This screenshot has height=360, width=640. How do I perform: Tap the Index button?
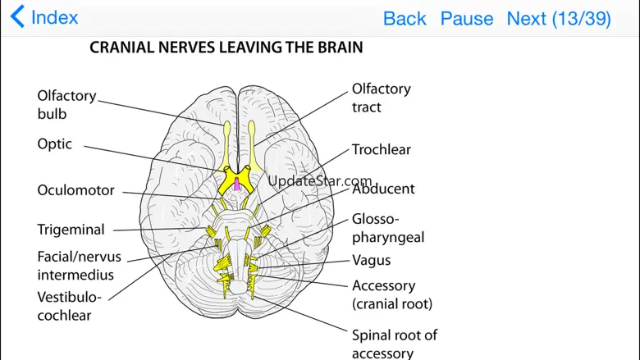[x=45, y=17]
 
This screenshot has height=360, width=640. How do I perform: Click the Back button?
[x=405, y=18]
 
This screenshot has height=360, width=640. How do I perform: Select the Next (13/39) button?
[x=559, y=18]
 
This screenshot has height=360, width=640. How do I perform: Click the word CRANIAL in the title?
[x=123, y=48]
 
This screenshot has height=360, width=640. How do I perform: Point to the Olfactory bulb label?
[x=66, y=105]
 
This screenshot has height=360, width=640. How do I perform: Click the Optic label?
[x=55, y=144]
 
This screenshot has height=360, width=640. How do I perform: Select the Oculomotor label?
[x=75, y=190]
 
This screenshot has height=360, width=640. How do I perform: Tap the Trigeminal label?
[x=71, y=230]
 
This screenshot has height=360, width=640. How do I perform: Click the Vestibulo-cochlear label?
[x=69, y=306]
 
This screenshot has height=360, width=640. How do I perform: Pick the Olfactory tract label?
[x=381, y=98]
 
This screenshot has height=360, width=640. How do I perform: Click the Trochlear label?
[x=382, y=150]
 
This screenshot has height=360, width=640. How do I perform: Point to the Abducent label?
[x=383, y=189]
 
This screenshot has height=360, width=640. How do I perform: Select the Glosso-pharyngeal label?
[x=388, y=228]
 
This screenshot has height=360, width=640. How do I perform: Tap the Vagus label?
[x=371, y=261]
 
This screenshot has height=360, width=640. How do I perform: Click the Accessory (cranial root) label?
[x=391, y=294]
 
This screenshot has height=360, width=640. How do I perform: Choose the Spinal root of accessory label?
[x=394, y=344]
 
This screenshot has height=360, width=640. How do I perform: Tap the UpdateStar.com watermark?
[x=320, y=181]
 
